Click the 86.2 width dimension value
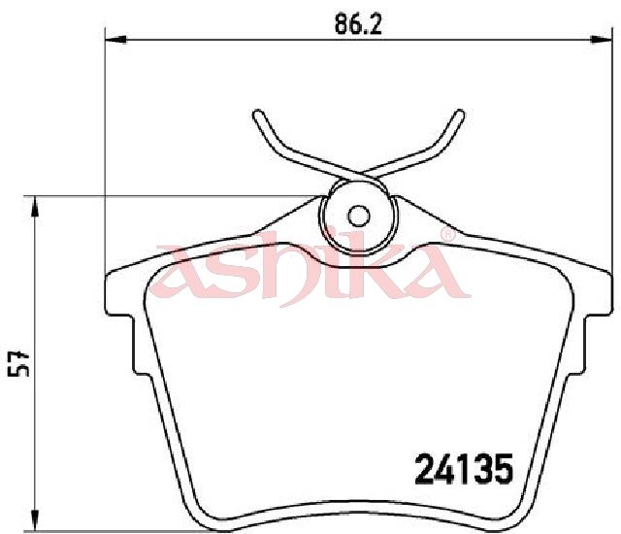coord(358,23)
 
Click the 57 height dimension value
coord(19,364)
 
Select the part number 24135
coord(464,469)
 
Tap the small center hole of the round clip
coord(359,217)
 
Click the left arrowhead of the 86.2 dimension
coord(115,39)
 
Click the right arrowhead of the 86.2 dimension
coord(599,39)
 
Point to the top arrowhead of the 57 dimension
coord(35,206)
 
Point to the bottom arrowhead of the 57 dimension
coord(35,519)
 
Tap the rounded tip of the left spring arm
coord(258,114)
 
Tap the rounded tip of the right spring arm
coord(459,114)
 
